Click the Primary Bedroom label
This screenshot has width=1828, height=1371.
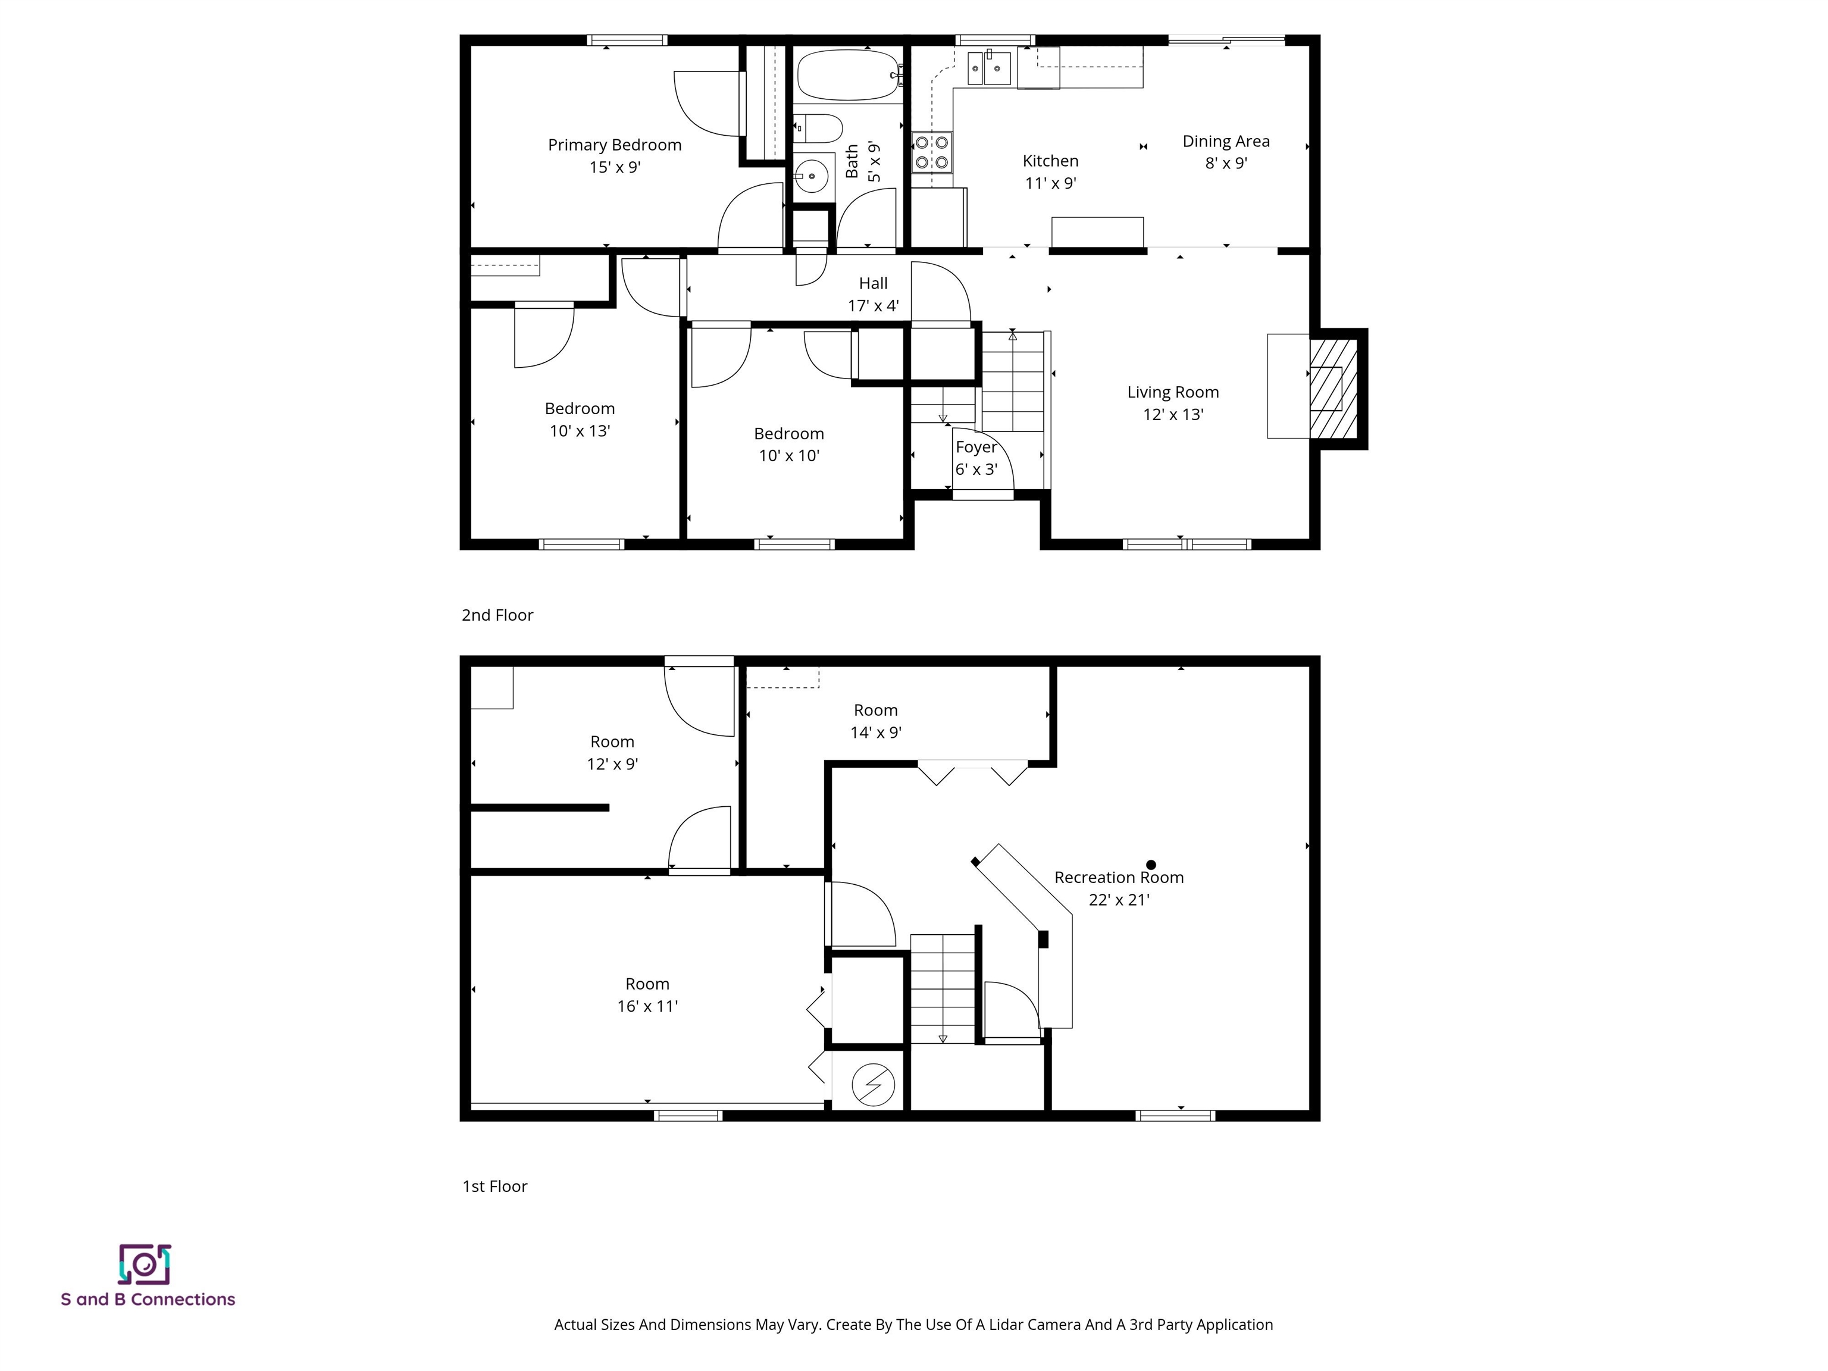[x=614, y=145]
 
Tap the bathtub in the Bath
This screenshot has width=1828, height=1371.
[x=848, y=75]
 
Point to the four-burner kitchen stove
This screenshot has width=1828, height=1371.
[x=931, y=153]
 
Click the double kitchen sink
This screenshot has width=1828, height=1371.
[x=988, y=68]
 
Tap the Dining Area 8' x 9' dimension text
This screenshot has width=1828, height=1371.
[x=1226, y=164]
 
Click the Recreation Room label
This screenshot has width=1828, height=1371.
[x=1118, y=878]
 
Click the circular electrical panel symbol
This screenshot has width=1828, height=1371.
[x=873, y=1084]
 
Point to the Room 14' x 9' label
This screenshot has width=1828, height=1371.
[x=875, y=710]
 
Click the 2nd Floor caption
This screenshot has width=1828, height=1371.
[x=497, y=615]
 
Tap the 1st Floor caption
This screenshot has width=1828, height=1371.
[x=494, y=1186]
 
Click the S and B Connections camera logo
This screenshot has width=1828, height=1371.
[x=145, y=1264]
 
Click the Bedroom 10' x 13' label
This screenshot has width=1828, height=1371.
[x=580, y=409]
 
